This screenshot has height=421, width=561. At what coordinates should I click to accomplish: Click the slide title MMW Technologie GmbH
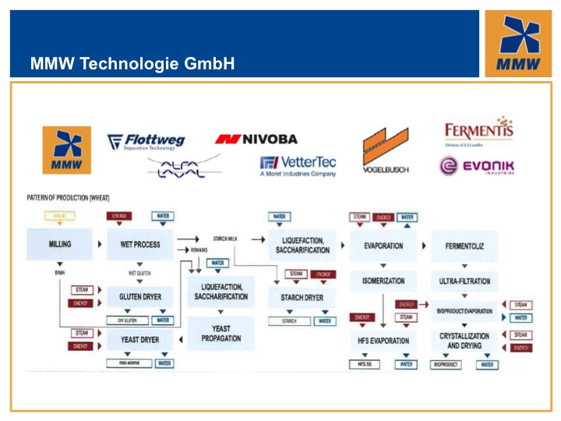(x=132, y=63)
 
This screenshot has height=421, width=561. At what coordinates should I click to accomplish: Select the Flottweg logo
(x=146, y=141)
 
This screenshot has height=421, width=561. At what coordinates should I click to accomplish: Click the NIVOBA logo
(x=256, y=139)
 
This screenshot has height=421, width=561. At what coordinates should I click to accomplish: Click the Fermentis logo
(x=478, y=130)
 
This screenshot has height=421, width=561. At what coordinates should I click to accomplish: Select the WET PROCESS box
(x=140, y=244)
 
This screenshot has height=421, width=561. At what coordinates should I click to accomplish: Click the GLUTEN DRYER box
(x=140, y=297)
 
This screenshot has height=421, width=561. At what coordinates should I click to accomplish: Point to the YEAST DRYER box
(x=140, y=340)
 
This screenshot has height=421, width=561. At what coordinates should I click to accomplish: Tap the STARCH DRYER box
(x=302, y=297)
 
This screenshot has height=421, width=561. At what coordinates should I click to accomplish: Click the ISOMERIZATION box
(x=383, y=281)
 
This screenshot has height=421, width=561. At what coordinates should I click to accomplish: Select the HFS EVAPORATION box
(x=383, y=341)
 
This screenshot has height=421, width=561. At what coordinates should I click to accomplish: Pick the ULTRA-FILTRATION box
(x=466, y=281)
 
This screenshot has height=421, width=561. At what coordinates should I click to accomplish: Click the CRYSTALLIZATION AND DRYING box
(x=464, y=341)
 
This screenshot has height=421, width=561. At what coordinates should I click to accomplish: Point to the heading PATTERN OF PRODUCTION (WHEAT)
(x=67, y=198)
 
